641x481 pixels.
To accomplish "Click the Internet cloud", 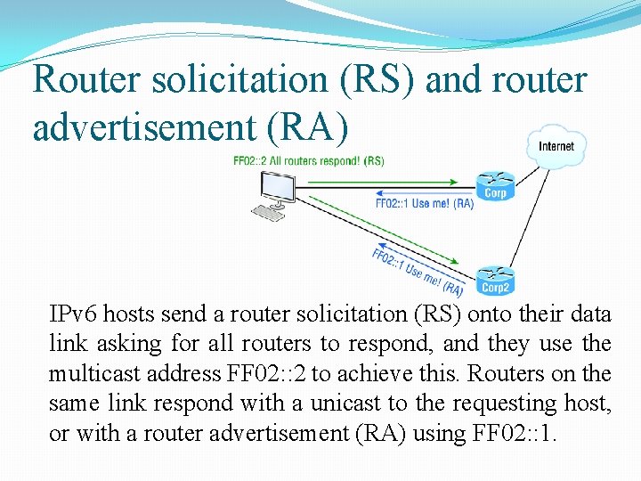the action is (x=556, y=146).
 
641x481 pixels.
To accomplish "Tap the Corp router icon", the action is (x=495, y=185).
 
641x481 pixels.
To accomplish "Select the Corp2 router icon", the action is (x=495, y=280).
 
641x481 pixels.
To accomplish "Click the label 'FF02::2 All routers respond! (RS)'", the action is (x=308, y=161).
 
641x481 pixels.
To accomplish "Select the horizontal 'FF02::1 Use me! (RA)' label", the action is (x=424, y=204).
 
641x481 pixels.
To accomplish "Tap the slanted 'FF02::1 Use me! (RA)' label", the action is (x=417, y=272).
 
